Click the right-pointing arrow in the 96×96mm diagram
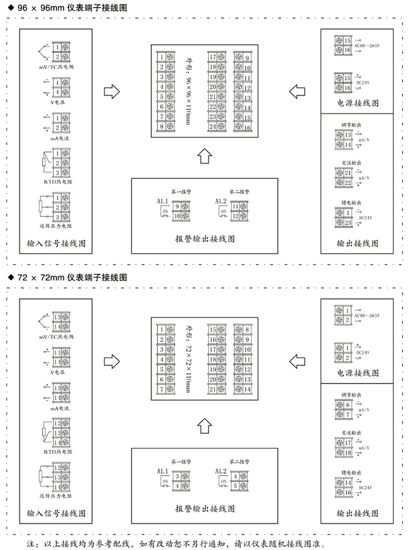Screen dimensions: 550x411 click(112, 92)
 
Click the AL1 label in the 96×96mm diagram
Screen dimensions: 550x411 click(162, 202)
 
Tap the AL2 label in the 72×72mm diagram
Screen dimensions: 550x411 click(221, 471)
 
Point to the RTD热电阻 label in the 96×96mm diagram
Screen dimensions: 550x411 click(56, 182)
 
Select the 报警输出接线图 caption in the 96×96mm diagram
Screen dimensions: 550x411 click(205, 239)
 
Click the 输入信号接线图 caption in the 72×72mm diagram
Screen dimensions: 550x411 click(56, 513)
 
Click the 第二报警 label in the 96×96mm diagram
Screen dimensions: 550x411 click(240, 192)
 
